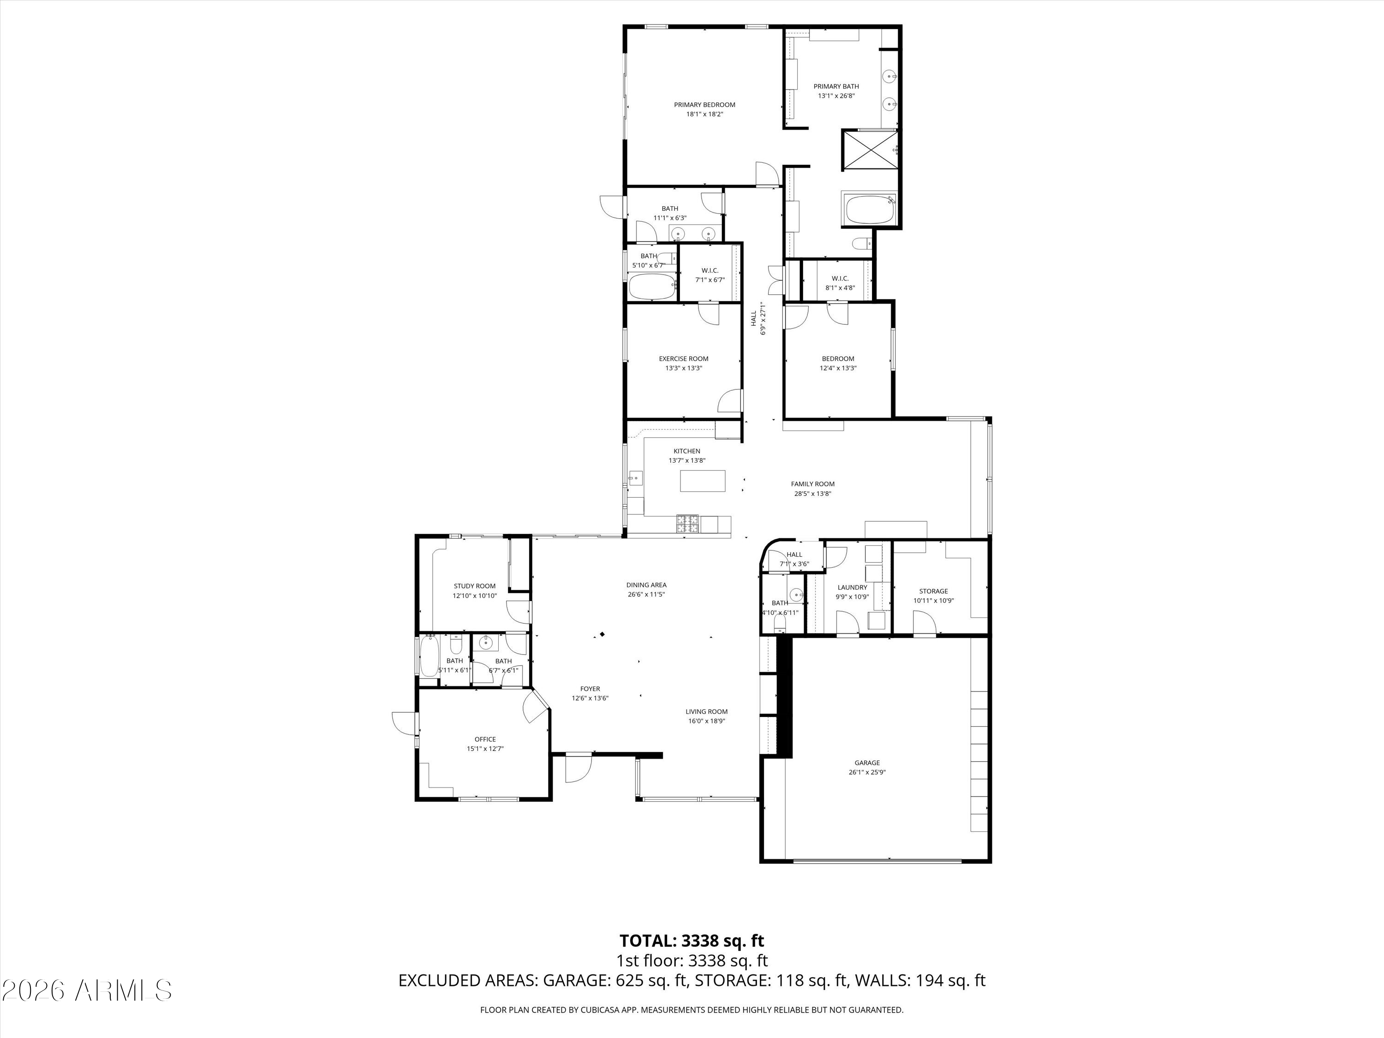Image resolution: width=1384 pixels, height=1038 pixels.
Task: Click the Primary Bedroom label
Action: point(704,105)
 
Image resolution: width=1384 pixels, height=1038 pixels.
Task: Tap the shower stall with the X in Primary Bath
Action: point(870,149)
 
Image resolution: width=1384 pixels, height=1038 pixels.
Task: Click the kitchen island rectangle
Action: point(703,481)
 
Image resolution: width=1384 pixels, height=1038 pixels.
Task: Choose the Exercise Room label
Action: point(683,359)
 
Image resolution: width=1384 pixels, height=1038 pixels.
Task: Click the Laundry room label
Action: point(852,588)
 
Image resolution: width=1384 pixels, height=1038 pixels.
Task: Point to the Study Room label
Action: point(474,586)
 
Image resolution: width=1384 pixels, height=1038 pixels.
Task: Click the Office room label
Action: point(485,740)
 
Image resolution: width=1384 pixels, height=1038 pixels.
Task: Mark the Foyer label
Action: point(590,689)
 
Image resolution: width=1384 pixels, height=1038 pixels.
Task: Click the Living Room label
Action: point(706,711)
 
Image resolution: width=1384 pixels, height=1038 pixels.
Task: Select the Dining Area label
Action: point(646,585)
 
